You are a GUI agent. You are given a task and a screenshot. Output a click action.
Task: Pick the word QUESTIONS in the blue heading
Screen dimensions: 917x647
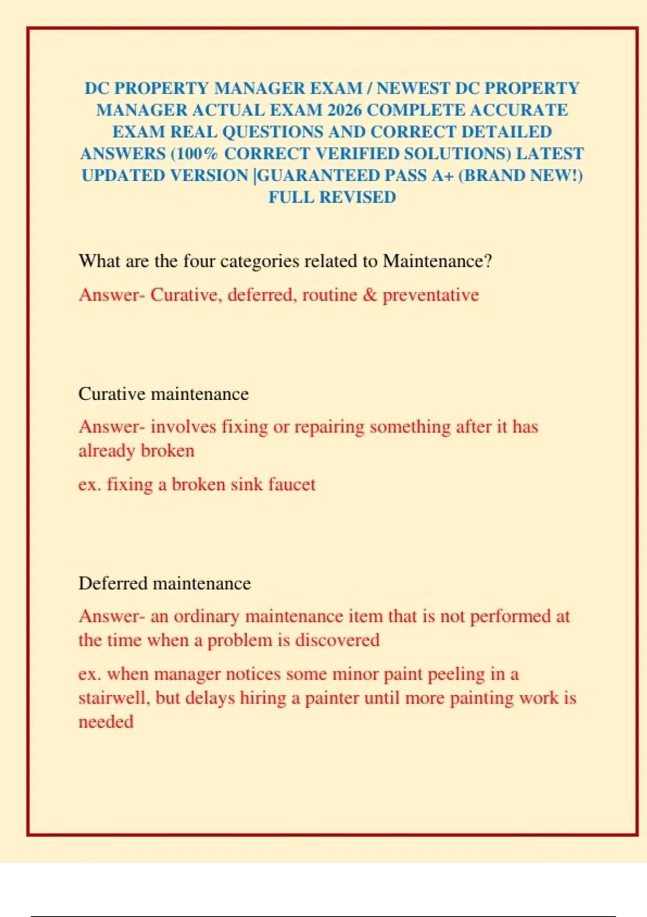273,132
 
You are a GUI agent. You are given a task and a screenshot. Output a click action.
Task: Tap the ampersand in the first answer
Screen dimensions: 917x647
370,295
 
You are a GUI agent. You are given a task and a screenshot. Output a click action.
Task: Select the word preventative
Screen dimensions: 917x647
431,295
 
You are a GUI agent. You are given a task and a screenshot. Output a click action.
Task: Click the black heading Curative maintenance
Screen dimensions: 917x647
163,394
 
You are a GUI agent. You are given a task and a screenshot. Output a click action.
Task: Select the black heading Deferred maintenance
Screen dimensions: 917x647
164,583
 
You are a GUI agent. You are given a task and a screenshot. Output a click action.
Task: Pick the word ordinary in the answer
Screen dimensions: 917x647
206,617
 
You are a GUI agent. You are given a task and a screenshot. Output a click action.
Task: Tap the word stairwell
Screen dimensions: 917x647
114,698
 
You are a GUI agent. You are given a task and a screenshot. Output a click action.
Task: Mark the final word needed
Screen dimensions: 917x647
106,722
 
